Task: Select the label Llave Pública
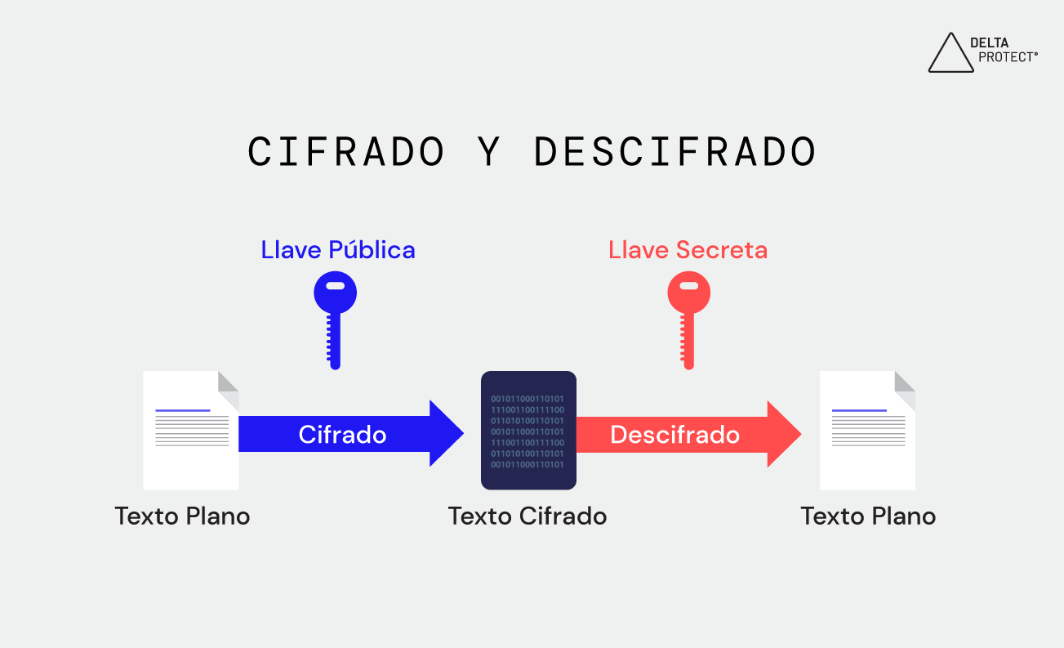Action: tap(338, 250)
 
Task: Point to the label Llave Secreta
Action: tap(688, 250)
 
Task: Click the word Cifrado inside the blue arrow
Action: tap(342, 434)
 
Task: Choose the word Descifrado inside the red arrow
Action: tap(674, 435)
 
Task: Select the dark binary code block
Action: tap(528, 431)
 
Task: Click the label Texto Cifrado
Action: tap(528, 516)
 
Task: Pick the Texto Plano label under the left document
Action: tap(182, 516)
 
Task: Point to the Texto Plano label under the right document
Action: tap(868, 516)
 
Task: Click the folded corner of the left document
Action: tap(229, 382)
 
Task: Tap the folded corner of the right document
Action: tap(905, 382)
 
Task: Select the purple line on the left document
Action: tap(183, 410)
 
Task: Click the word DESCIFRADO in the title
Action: tap(674, 152)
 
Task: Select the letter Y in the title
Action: tap(489, 152)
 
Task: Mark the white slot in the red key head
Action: tap(688, 286)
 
